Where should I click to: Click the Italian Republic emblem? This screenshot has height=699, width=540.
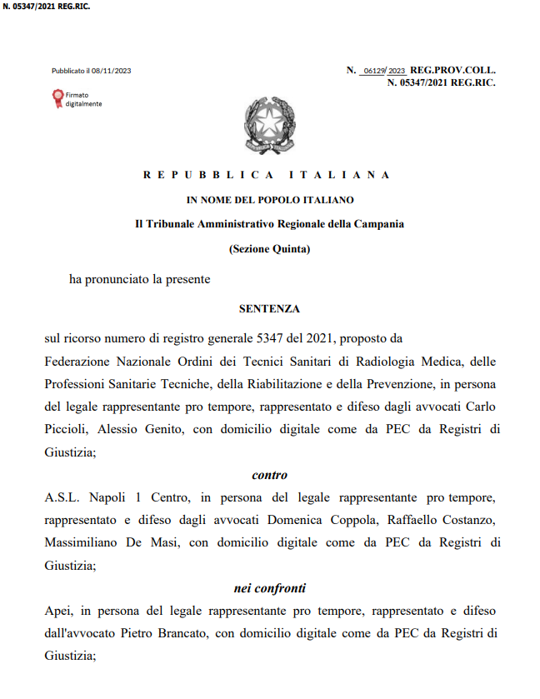tap(269, 123)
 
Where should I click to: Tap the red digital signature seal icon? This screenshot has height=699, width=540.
tap(57, 99)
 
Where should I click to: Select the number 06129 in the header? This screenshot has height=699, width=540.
tap(374, 71)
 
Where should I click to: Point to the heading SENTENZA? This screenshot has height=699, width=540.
tap(269, 308)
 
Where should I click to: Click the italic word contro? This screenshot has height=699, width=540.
tap(269, 475)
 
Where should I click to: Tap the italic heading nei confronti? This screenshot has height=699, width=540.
tap(269, 588)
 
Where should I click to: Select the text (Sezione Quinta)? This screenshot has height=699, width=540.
tap(269, 249)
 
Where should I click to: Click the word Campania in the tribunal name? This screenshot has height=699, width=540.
tap(381, 224)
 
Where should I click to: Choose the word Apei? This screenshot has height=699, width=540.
tap(58, 611)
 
